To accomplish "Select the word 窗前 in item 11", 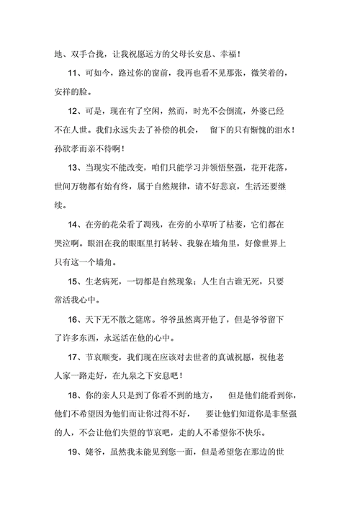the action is coord(186,74).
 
